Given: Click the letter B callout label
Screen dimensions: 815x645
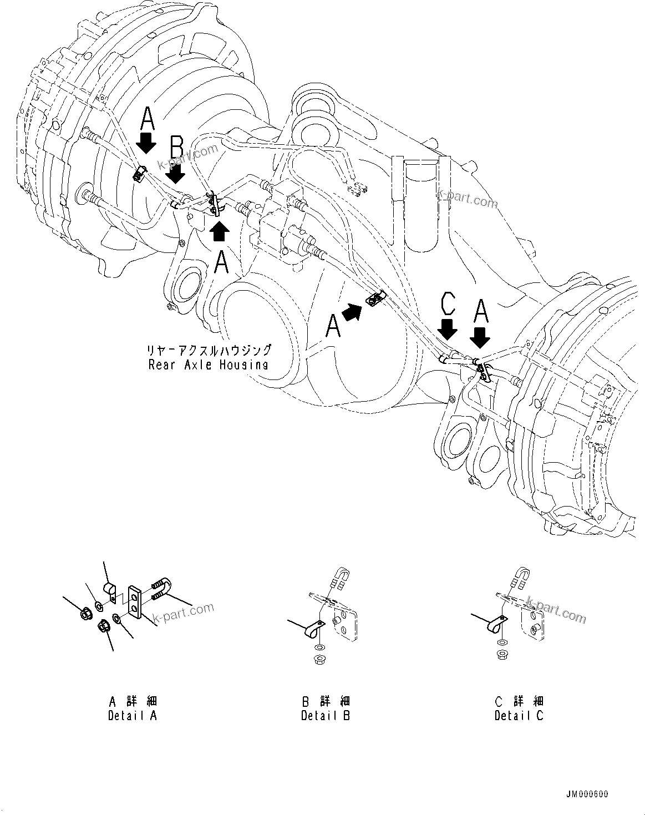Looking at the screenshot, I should [x=176, y=149].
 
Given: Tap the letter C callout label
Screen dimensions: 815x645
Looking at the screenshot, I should [x=448, y=305].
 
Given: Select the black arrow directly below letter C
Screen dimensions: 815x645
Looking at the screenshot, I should [x=448, y=330].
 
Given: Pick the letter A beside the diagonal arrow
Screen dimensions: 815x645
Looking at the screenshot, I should [x=332, y=325].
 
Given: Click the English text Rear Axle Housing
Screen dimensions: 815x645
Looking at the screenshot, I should [x=208, y=365].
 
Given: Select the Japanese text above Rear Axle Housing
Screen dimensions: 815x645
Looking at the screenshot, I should [x=209, y=350].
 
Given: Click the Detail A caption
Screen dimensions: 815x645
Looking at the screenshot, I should [x=133, y=708].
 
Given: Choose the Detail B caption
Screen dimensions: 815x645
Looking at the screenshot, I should [x=326, y=708].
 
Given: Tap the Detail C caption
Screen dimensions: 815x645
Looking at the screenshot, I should [x=519, y=708].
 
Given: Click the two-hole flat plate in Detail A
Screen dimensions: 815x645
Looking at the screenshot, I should [x=135, y=600].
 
